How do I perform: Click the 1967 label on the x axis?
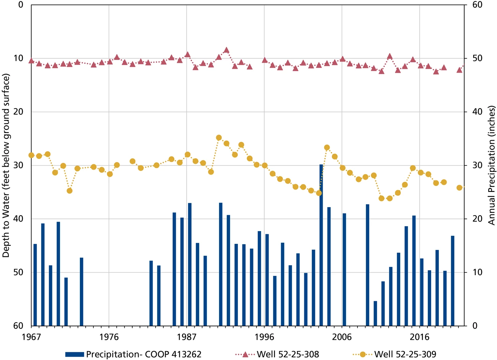31,337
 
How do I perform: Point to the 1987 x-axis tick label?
187,337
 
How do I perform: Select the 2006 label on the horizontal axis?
342,337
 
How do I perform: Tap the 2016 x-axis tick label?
420,337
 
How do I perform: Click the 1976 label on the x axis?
109,337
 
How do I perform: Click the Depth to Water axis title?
6,165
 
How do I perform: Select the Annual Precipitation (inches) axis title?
492,165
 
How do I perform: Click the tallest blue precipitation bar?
321,245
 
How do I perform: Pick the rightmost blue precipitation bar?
453,281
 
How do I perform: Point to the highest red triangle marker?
226,50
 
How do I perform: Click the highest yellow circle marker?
219,138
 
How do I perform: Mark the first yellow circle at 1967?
31,155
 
